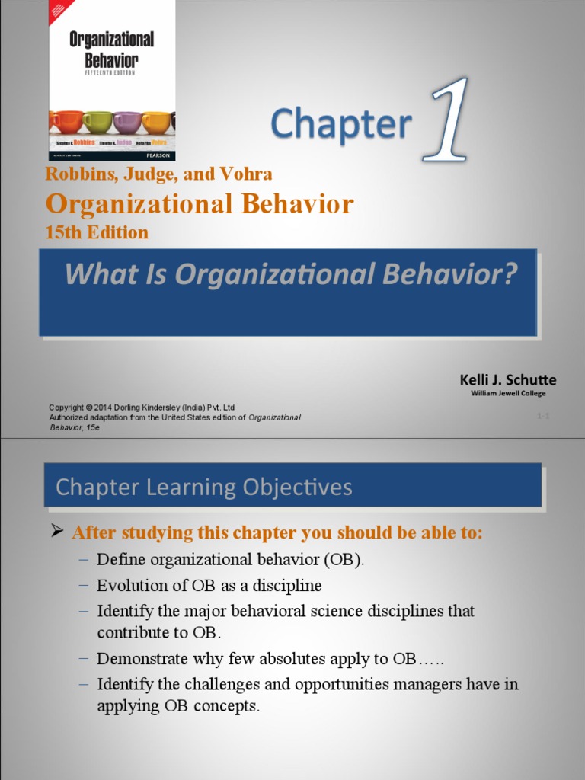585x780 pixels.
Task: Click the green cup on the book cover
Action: [x=97, y=122]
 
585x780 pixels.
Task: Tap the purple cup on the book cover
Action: [x=126, y=122]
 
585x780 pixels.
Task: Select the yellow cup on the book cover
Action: [x=156, y=122]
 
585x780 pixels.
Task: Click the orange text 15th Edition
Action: [x=97, y=232]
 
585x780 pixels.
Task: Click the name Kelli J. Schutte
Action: [x=507, y=379]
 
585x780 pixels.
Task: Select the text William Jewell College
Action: [x=507, y=393]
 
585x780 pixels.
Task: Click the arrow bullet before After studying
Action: [x=56, y=531]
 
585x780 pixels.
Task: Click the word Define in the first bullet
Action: [x=119, y=560]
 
